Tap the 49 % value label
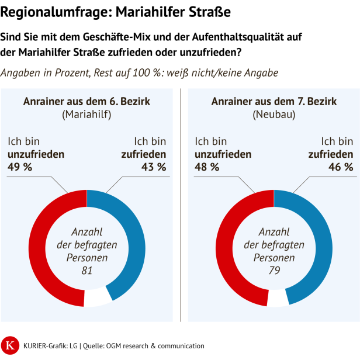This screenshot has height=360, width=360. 20,167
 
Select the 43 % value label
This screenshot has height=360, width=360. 154,167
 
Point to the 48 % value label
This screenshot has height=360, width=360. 207,167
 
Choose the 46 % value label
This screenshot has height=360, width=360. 341,167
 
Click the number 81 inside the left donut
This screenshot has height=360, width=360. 86,270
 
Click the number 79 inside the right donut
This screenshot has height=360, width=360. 274,270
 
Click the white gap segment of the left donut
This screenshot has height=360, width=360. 96,297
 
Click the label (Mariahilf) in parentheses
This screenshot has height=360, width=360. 86,115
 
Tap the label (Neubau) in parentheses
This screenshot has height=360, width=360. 274,115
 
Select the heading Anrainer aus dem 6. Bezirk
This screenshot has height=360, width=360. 86,102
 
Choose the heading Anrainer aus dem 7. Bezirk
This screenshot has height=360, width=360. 274,102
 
